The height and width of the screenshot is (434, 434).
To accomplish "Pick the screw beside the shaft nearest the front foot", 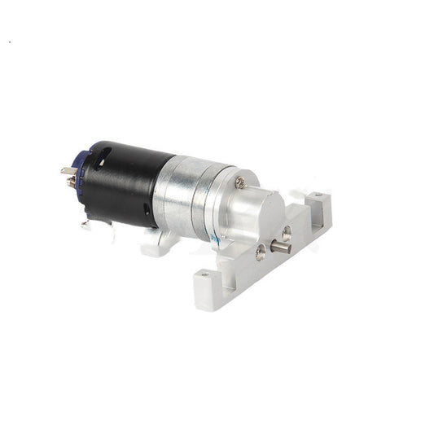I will [x=260, y=252].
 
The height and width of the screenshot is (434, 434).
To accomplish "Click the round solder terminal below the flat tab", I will [x=72, y=183].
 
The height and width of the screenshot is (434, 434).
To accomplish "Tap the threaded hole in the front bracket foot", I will [x=204, y=277].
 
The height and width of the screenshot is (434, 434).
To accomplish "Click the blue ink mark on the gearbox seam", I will [x=214, y=238].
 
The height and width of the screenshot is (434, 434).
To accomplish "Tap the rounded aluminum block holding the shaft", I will [x=256, y=220].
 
